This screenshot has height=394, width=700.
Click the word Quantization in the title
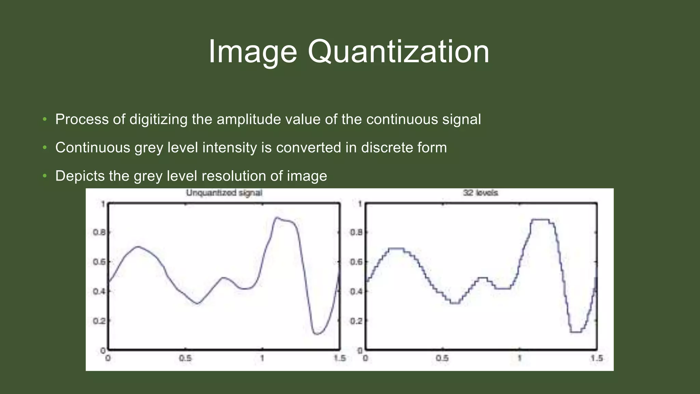[399, 52]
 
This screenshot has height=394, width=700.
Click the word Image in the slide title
[253, 52]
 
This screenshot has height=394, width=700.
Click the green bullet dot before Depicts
[44, 176]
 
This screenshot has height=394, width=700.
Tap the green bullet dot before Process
[44, 119]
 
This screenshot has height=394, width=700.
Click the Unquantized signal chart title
[224, 193]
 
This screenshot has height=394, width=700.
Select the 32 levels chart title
[480, 193]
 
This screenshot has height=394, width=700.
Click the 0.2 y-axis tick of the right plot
[356, 321]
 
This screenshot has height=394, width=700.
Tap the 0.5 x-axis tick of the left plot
[185, 358]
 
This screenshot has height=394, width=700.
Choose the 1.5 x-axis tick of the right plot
[596, 358]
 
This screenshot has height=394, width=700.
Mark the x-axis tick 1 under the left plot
[262, 358]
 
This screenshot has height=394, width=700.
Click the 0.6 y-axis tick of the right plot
[356, 262]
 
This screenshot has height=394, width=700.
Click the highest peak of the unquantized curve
[277, 218]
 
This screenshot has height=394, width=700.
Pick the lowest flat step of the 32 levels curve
[576, 332]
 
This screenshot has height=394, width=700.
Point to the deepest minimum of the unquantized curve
[316, 334]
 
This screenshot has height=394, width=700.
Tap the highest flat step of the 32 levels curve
[540, 220]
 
